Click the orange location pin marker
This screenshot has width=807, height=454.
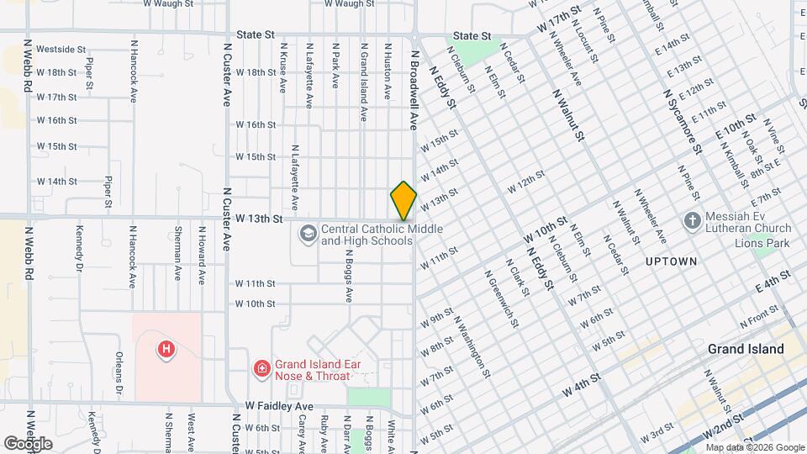(x=403, y=202)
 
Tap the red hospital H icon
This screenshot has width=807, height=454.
(x=166, y=348)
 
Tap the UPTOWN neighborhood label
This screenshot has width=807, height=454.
(x=671, y=261)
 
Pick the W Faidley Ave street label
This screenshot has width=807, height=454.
(x=279, y=405)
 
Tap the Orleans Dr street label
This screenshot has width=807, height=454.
(x=119, y=373)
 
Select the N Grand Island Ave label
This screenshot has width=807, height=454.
(x=363, y=82)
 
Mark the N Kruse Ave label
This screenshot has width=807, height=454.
(x=283, y=67)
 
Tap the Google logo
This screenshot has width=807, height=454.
(x=29, y=443)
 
